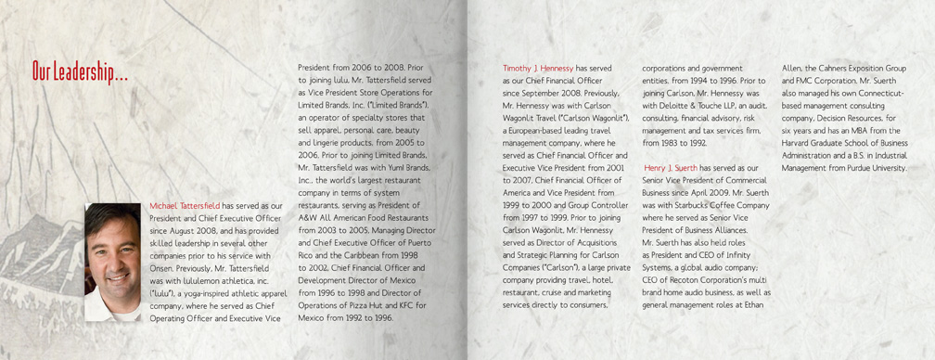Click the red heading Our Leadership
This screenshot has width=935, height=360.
[79, 71]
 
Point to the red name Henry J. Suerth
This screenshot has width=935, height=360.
[672, 167]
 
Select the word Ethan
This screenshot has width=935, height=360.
[754, 304]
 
